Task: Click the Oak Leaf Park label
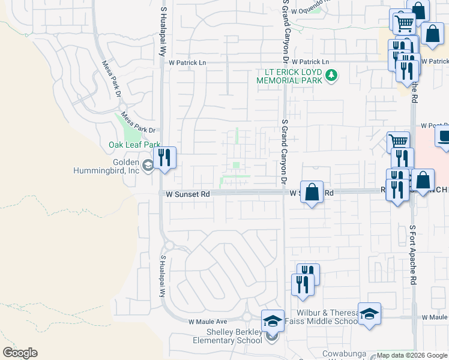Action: (134, 145)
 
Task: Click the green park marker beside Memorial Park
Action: (331, 76)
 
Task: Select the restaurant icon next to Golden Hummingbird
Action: (164, 158)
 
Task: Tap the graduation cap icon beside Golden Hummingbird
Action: (148, 165)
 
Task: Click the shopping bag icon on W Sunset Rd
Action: (312, 193)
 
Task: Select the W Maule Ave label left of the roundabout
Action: (208, 322)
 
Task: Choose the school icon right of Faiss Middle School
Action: (369, 314)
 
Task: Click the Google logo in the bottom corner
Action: (20, 353)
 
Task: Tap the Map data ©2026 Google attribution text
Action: (412, 356)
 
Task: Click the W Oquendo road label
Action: (310, 8)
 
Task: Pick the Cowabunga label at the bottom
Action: (343, 353)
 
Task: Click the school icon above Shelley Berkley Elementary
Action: (273, 322)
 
